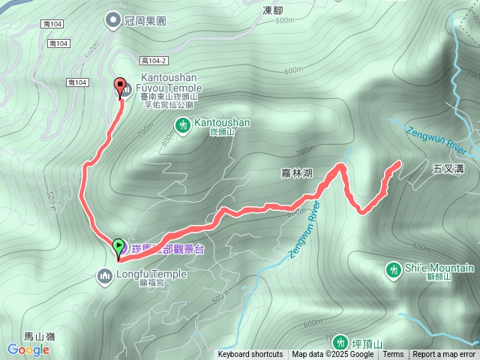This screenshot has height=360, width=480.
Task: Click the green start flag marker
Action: [118, 246]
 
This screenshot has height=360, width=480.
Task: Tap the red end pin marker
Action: [118, 85]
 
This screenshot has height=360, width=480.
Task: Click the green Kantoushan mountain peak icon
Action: [182, 124]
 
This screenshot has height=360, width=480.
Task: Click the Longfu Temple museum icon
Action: [104, 277]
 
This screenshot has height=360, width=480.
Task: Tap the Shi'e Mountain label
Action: [440, 268]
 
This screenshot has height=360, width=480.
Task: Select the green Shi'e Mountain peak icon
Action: [393, 268]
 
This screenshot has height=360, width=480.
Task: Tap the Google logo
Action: [28, 349]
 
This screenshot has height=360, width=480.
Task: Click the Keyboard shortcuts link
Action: [250, 355]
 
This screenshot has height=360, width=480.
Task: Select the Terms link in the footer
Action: [393, 355]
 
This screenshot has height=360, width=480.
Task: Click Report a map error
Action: [444, 355]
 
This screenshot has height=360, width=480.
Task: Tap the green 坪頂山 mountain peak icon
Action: [340, 343]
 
